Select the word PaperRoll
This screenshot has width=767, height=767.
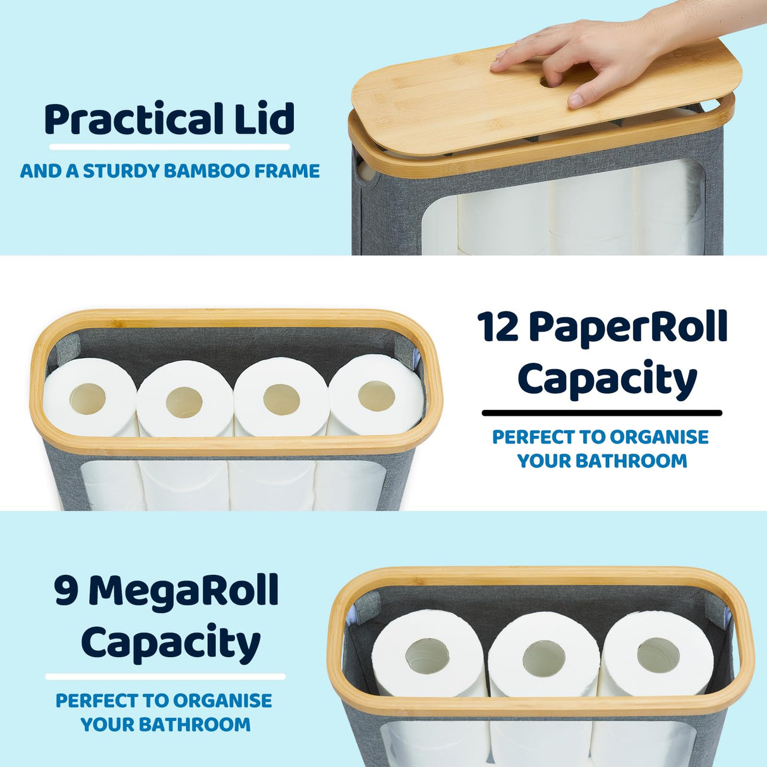628,328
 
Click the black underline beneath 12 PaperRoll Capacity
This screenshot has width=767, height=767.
601,413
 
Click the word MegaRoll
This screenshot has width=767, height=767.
184,591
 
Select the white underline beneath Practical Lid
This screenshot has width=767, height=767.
169,147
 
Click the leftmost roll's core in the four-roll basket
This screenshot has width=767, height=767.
87,399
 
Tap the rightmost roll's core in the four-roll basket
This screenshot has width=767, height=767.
377,396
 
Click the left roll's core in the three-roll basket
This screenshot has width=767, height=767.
427,656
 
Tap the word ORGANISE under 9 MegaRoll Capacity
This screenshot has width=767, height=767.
222,701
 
